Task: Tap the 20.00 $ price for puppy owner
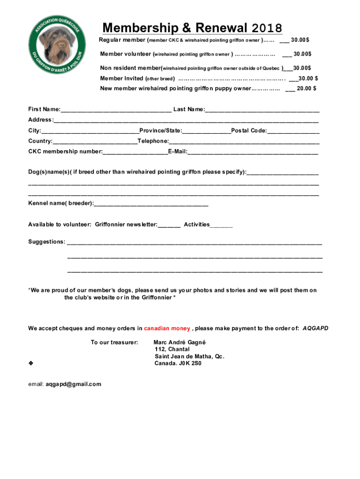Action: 307,88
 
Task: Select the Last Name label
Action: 189,109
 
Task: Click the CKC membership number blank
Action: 135,152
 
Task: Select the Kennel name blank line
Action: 151,203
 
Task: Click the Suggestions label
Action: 47,242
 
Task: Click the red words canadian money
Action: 167,328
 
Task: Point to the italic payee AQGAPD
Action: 315,328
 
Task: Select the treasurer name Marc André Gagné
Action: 180,342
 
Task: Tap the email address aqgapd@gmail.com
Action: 73,384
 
